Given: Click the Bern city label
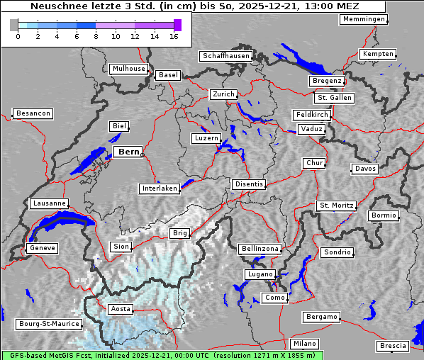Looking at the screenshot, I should pos(128,152).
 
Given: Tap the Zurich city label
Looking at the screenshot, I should pos(223,94).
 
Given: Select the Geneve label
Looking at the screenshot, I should pos(42,249).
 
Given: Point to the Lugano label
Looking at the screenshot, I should pos(260,274).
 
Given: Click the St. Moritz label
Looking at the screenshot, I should pos(336,206).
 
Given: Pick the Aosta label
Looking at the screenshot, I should pos(120,309).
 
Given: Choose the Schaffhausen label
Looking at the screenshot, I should pos(225,56).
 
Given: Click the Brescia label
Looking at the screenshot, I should pos(393,346).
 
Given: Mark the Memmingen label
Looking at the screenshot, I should pos(364,19).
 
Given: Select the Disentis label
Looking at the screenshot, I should pos(248,184).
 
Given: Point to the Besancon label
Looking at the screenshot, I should pos(33,113).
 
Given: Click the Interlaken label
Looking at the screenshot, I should pos(159,189).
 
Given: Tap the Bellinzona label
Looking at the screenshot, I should pos(260,249).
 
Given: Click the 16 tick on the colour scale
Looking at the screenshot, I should pos(174,36).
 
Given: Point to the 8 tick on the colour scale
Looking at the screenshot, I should pos(96,36).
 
